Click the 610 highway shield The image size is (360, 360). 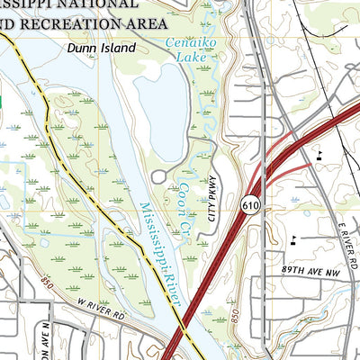pyautogui.click(x=250, y=206)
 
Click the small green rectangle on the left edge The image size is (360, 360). pyautogui.click(x=2, y=103)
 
